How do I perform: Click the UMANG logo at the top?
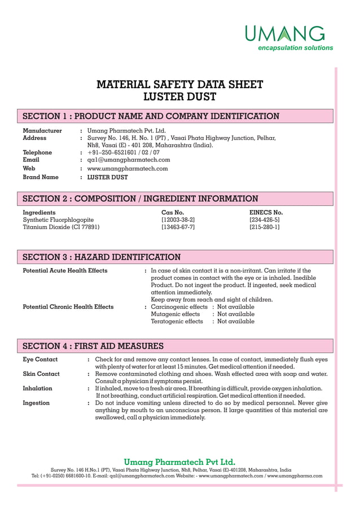(x=288, y=37)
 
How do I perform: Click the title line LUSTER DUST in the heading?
(x=179, y=97)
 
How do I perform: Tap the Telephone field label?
(x=37, y=152)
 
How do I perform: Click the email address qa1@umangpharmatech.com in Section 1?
(x=129, y=160)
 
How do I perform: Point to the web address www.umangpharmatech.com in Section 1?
(x=128, y=168)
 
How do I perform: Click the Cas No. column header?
(x=173, y=212)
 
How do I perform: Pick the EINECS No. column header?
(x=266, y=212)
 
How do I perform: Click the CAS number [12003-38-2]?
(x=178, y=220)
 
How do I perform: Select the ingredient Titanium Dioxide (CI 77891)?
(x=61, y=227)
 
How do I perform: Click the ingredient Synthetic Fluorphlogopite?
(x=58, y=220)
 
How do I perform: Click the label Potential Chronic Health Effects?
(x=68, y=306)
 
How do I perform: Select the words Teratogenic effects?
(x=177, y=321)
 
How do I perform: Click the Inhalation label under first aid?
(x=37, y=388)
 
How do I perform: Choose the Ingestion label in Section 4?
(x=36, y=403)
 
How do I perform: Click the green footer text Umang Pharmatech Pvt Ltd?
(x=179, y=462)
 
